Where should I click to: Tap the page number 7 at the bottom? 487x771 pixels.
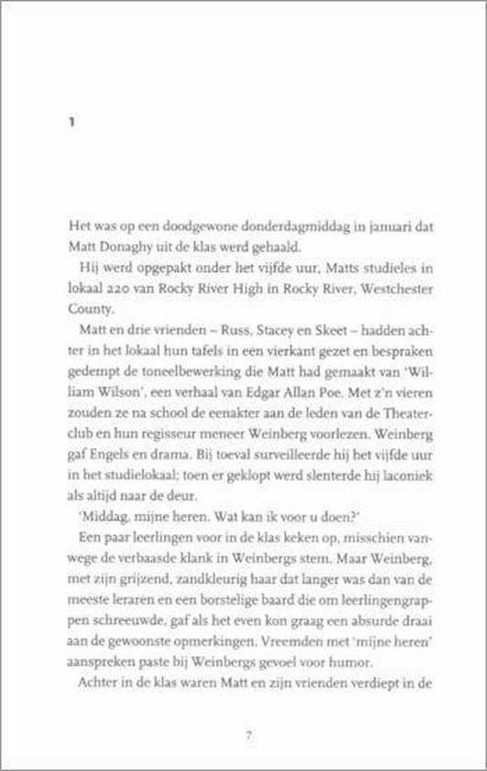(249, 735)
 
